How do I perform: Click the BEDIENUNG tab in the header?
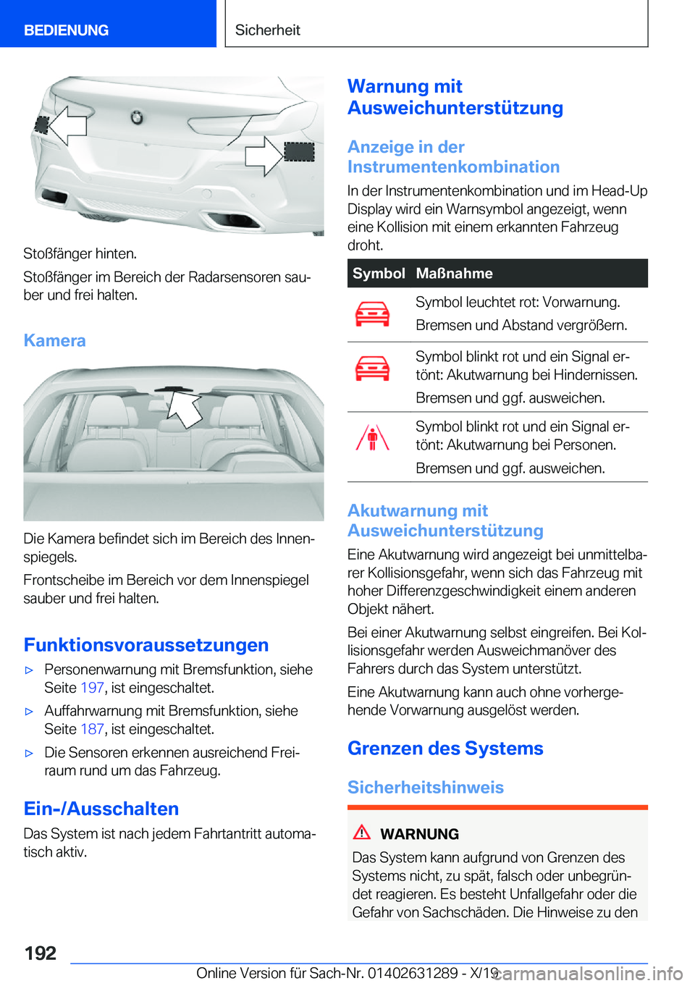pyautogui.click(x=66, y=30)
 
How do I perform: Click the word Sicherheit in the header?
pyautogui.click(x=267, y=30)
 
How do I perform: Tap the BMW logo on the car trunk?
pyautogui.click(x=136, y=117)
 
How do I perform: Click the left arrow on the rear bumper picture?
pyautogui.click(x=67, y=125)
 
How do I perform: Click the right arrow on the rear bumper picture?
pyautogui.click(x=264, y=155)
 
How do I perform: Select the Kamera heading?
pyautogui.click(x=54, y=340)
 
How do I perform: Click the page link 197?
pyautogui.click(x=92, y=688)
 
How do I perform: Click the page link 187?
pyautogui.click(x=92, y=729)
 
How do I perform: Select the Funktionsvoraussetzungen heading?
pyautogui.click(x=146, y=645)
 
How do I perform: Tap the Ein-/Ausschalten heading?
pyautogui.click(x=101, y=809)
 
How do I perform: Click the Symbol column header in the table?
pyautogui.click(x=379, y=274)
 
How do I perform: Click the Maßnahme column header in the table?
pyautogui.click(x=454, y=274)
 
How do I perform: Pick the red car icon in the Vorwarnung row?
pyautogui.click(x=372, y=314)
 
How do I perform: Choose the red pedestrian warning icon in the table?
pyautogui.click(x=372, y=439)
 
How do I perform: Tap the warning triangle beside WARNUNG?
pyautogui.click(x=361, y=833)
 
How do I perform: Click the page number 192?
pyautogui.click(x=40, y=953)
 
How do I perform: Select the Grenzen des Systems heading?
pyautogui.click(x=445, y=749)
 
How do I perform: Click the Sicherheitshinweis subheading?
pyautogui.click(x=425, y=788)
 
